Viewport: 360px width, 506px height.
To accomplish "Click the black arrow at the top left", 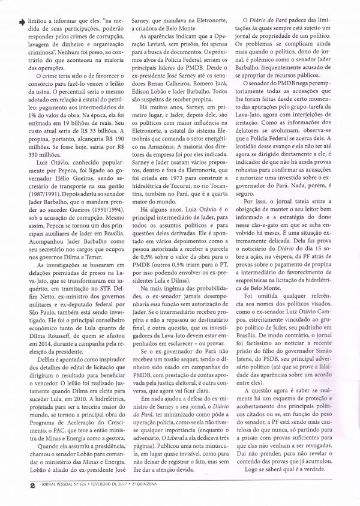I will pyautogui.click(x=22, y=21).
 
